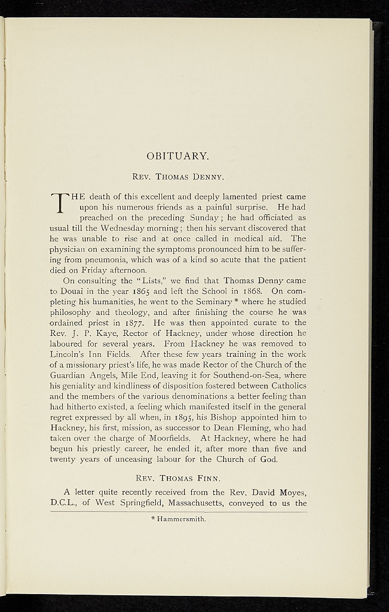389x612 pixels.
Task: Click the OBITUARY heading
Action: tap(177, 157)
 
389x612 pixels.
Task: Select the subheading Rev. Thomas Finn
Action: tap(177, 478)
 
